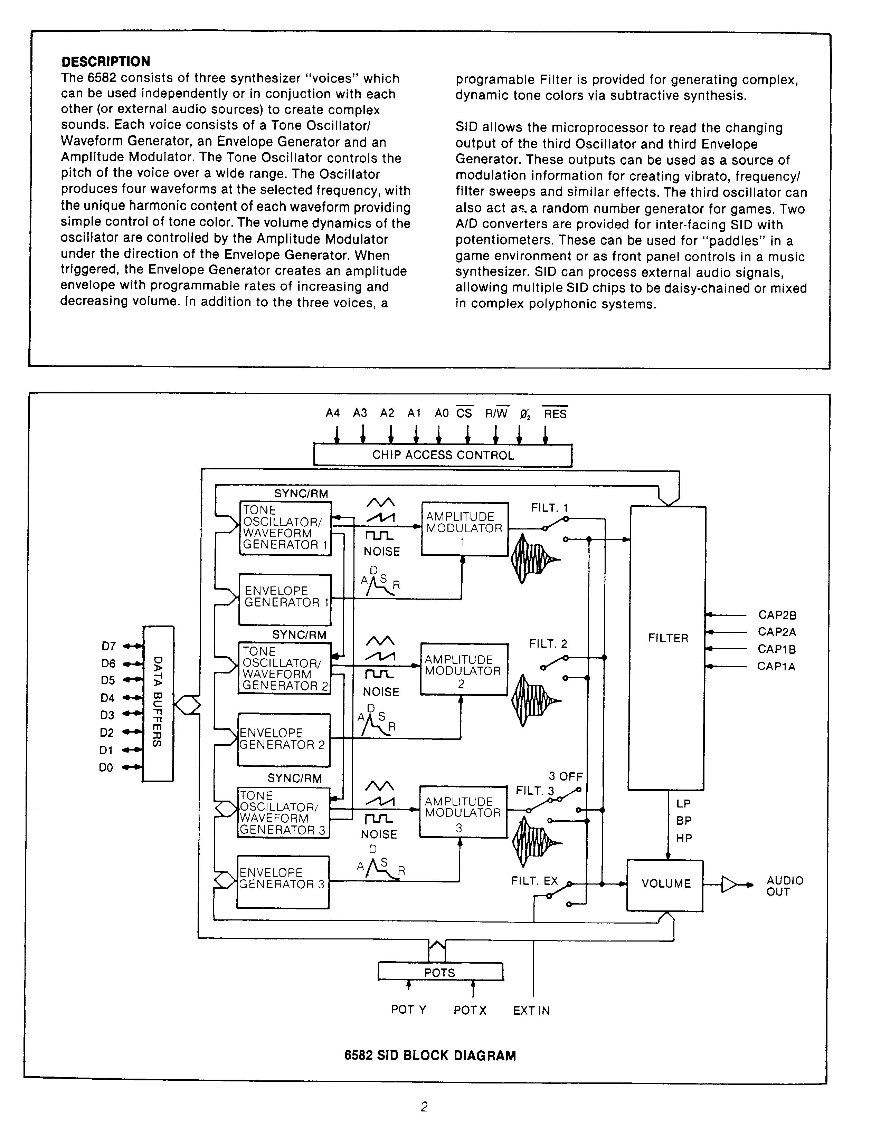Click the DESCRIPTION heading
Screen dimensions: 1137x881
click(106, 62)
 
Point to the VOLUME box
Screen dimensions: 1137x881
click(665, 883)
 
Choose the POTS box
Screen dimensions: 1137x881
click(440, 973)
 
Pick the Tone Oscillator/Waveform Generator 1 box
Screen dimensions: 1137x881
click(285, 528)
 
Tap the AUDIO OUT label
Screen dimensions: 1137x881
click(785, 886)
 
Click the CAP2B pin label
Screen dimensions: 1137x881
click(777, 615)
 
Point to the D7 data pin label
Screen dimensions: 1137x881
click(108, 647)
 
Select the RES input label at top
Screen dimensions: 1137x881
click(555, 414)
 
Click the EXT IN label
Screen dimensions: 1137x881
click(531, 1011)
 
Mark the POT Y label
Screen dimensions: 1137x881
click(408, 1010)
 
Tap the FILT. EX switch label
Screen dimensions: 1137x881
click(534, 881)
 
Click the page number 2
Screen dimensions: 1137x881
click(424, 1107)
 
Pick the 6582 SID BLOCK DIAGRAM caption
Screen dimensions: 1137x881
click(430, 1056)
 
